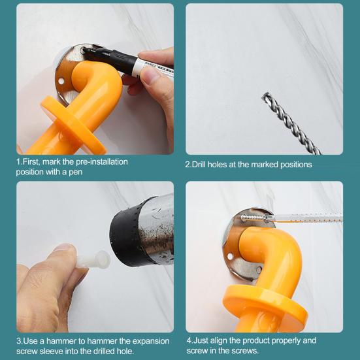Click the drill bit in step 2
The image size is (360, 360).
tap(291, 123)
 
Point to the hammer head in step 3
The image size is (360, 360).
tap(142, 231)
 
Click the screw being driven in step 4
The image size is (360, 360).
tap(254, 218)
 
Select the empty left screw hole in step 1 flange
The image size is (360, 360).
tap(61, 81)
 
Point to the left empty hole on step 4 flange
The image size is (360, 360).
tap(229, 256)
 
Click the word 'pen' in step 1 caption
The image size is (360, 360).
tap(76, 172)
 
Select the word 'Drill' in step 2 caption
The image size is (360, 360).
tap(199, 165)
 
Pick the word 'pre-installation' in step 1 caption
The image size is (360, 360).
tap(102, 162)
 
